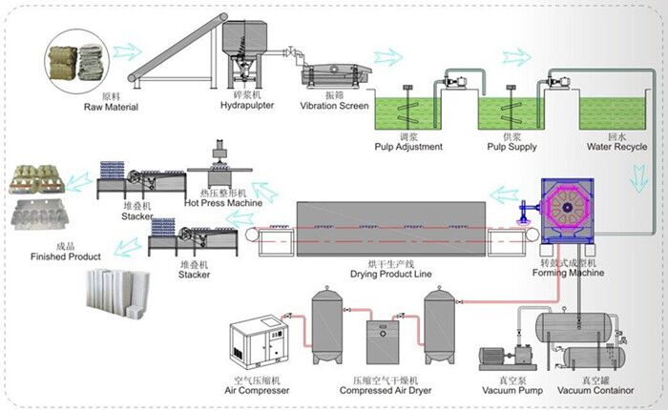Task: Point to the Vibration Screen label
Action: point(333,105)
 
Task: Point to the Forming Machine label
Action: point(569,273)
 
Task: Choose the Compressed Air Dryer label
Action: point(387,391)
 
